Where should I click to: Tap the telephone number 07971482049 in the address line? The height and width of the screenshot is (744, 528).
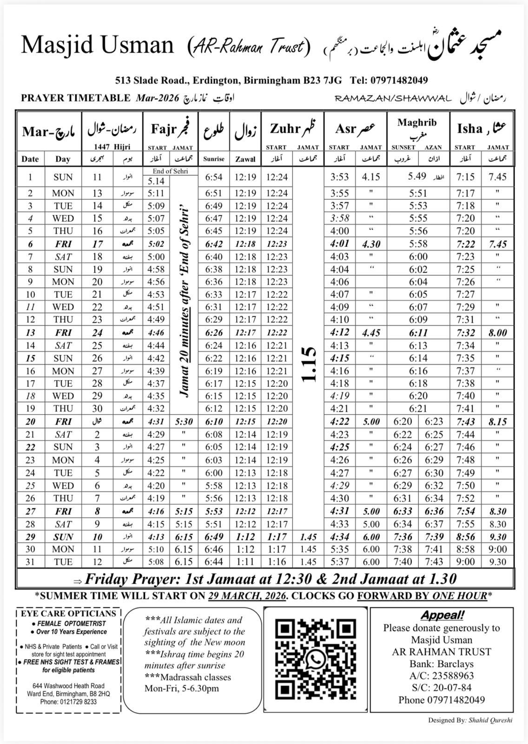pos(399,80)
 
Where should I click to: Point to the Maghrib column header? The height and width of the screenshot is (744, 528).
pos(417,123)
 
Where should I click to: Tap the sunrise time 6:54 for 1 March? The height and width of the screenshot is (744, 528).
pos(214,177)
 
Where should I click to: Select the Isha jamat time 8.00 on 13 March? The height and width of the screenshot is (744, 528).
pos(497,333)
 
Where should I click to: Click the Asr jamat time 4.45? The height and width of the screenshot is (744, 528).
pos(371,333)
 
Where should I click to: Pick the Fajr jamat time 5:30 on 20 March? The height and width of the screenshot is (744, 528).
pos(184,422)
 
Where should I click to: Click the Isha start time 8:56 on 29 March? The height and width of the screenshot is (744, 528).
pos(465,537)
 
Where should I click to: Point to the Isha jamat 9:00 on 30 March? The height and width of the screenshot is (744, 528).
pos(497,549)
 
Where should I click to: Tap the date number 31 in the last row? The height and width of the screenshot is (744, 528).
pos(30,562)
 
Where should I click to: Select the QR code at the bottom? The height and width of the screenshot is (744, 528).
pos(316,659)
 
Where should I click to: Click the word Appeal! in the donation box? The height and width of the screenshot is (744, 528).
pos(442,615)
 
